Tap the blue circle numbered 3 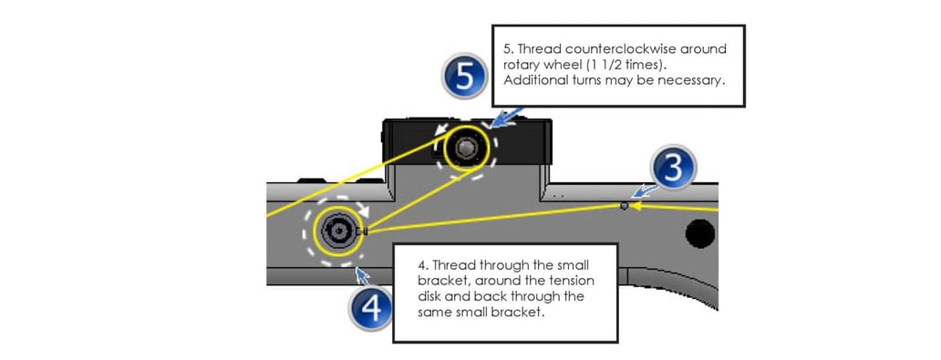click(673, 169)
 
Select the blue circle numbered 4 click(371, 310)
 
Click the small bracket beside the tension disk click(365, 231)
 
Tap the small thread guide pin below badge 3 click(624, 206)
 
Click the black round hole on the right click(700, 233)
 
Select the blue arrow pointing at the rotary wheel click(504, 118)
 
